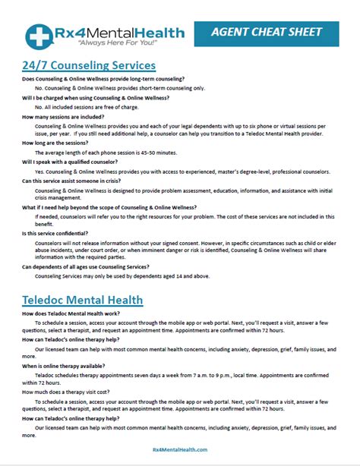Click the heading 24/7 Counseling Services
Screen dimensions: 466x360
coord(89,66)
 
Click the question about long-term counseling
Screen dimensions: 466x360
coord(103,80)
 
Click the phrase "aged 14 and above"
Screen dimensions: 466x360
coord(178,277)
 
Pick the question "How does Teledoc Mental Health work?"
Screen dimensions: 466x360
coord(82,313)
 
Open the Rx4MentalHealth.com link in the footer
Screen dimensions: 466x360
coord(179,449)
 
